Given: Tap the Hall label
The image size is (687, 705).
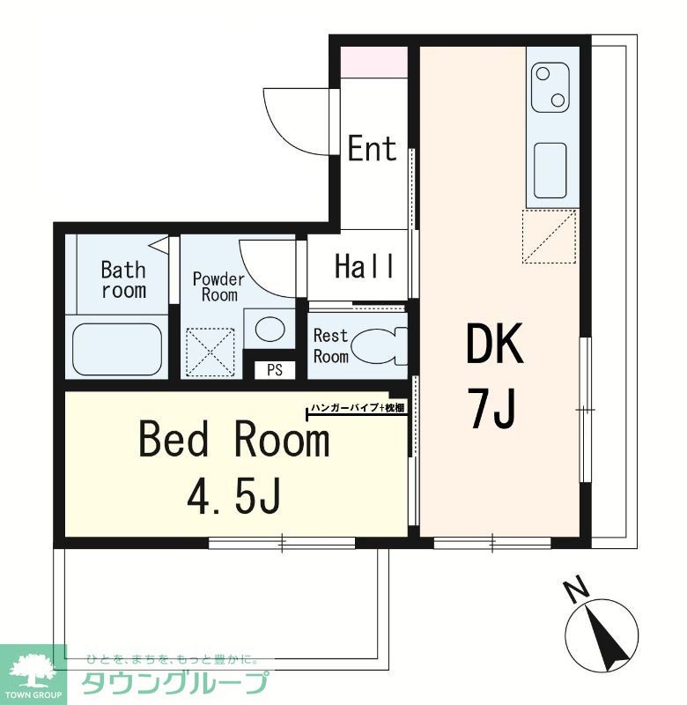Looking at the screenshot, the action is [x=365, y=266].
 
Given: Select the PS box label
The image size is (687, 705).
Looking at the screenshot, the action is [x=275, y=369].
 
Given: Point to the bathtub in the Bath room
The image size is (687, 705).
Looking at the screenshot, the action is [x=117, y=349].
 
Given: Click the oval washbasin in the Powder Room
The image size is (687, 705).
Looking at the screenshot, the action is [x=270, y=329].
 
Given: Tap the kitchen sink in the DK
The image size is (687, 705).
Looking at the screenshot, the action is [x=550, y=171].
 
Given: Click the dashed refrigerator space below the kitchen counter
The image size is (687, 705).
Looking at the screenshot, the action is [x=549, y=236].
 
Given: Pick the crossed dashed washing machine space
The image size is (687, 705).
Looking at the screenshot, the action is [x=211, y=352].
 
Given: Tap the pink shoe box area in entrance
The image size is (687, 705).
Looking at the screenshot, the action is [x=373, y=63].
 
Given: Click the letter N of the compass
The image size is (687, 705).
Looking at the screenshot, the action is [x=576, y=589].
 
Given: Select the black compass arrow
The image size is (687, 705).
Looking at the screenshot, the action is [x=607, y=637].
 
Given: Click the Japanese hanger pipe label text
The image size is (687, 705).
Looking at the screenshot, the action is [x=358, y=408].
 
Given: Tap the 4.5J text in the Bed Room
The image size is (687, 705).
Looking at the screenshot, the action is [x=234, y=497].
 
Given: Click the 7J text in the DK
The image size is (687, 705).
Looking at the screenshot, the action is [x=492, y=410].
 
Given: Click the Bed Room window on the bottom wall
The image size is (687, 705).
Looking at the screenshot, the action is [x=282, y=542].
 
